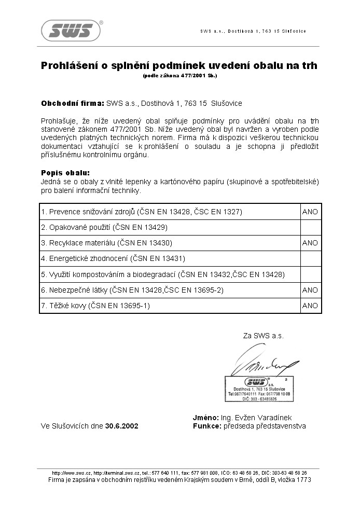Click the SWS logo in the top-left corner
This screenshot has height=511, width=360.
pos(71,31)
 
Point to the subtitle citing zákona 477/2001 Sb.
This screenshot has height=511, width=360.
pos(179,76)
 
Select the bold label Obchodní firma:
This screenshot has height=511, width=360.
pos(72,103)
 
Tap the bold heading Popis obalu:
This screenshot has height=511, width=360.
pos(65,173)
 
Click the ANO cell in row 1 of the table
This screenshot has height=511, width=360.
pos(310,212)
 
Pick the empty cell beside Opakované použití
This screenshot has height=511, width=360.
pos(310,227)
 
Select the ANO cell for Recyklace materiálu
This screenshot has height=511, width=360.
pos(310,243)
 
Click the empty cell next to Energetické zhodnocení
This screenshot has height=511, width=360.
pos(310,258)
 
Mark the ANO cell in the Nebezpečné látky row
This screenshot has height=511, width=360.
pos(310,290)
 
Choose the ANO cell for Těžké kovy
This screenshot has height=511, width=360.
pos(310,306)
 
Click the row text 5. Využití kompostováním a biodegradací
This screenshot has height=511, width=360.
pos(163,274)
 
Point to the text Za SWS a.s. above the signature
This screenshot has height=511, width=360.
pos(264,336)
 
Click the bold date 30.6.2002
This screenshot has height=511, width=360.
pos(122,426)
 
